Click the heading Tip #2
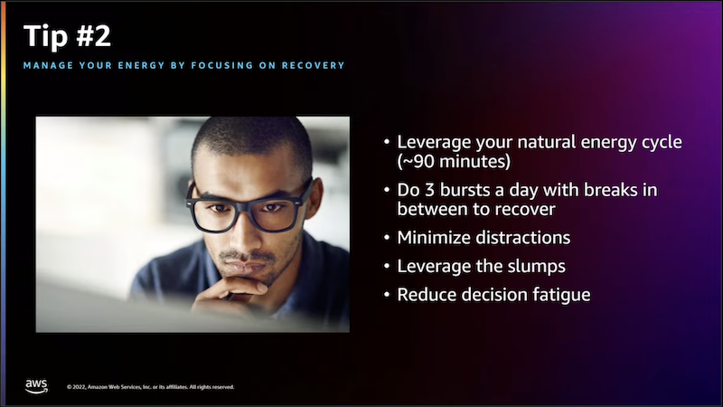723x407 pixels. coord(67,36)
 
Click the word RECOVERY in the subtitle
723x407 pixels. coord(313,65)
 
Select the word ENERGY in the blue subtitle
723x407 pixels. coord(141,65)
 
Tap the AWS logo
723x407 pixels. coord(36,387)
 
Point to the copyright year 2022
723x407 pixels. coord(80,387)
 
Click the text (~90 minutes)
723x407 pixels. coord(454,162)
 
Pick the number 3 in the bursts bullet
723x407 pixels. coord(429,190)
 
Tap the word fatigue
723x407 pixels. coord(561,295)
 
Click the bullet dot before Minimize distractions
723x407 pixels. coord(387,238)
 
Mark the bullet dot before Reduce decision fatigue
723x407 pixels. coord(387,296)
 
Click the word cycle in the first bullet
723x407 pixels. coord(662,142)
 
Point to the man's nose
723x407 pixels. coord(244,233)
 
